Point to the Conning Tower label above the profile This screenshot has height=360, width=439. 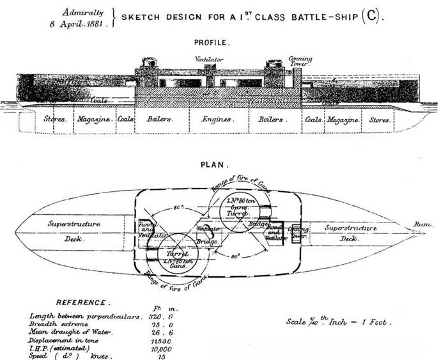299,59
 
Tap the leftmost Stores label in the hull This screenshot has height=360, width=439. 56,120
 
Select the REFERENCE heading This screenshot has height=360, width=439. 83,301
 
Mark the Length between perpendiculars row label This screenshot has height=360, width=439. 82,316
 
